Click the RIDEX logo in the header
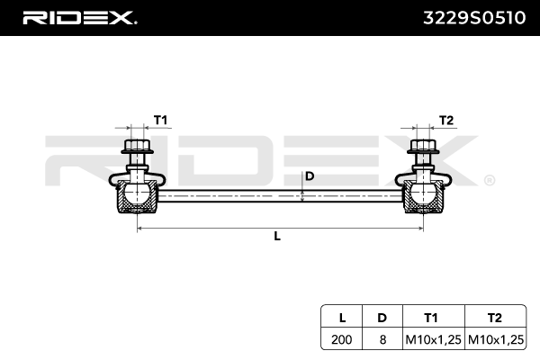click(79, 17)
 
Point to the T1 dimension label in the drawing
click(160, 120)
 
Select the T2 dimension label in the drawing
click(446, 120)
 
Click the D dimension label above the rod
click(310, 175)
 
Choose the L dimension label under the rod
click(277, 237)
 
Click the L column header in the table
click(342, 317)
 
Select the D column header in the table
click(382, 317)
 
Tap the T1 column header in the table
click(431, 317)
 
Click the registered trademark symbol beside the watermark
click(489, 181)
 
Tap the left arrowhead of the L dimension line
click(139, 229)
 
